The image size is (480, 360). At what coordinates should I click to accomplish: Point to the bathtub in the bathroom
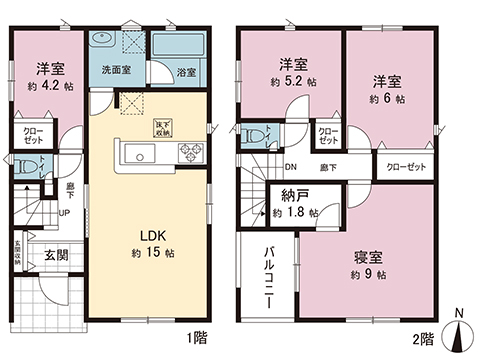pyautogui.click(x=176, y=45)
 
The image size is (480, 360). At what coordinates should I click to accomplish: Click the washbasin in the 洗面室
pyautogui.click(x=102, y=41)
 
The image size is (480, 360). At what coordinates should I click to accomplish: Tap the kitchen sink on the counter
pyautogui.click(x=138, y=152)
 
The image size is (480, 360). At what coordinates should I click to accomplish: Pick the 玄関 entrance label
pyautogui.click(x=56, y=256)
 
